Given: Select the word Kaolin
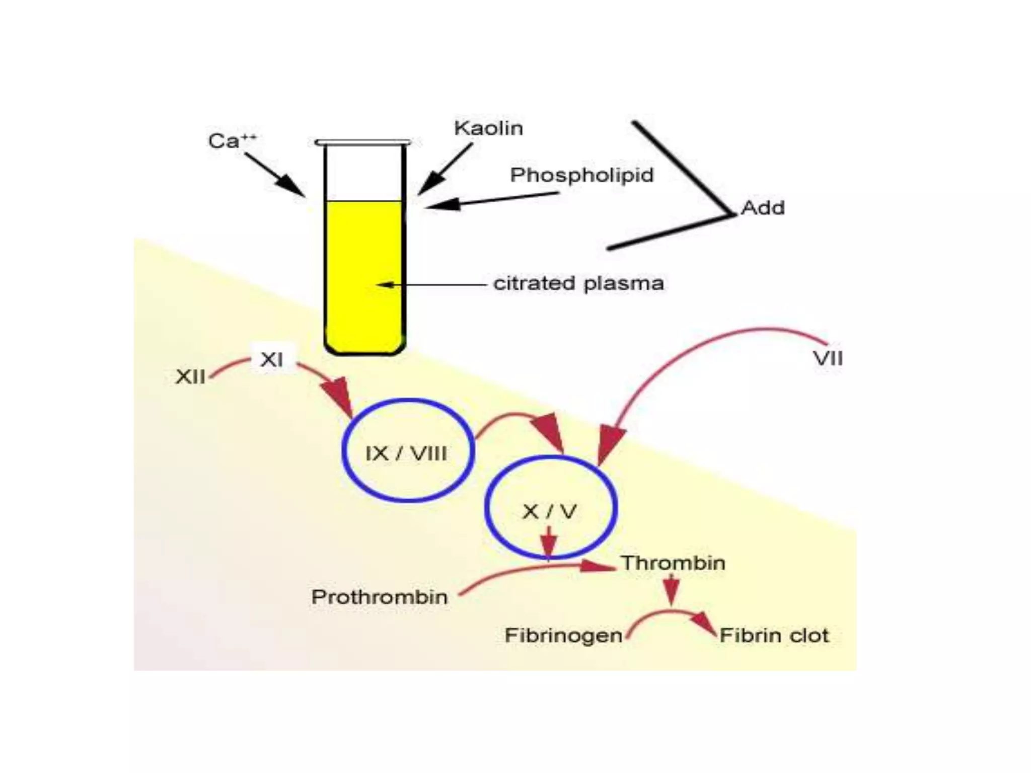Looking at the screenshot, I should pos(488,128).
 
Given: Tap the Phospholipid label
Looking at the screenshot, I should pos(581,175).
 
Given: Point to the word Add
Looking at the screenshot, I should pos(763,208).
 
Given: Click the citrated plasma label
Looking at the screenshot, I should pos(578,283).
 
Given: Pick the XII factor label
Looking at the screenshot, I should pos(190,376).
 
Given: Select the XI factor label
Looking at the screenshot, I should pos(272,359).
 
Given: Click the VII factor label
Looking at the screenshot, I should pos(828,358).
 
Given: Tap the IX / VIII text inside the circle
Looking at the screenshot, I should pos(406,454).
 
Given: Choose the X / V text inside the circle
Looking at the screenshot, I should pos(549,512).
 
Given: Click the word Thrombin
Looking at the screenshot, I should pos(673,563).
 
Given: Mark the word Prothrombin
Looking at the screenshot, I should pos(380,597).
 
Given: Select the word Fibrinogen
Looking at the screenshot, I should pos(563,635).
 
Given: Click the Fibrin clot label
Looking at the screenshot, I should pos(774,635).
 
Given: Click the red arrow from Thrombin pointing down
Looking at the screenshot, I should pos(671,589).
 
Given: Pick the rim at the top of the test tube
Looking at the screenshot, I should pos(363,142).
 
